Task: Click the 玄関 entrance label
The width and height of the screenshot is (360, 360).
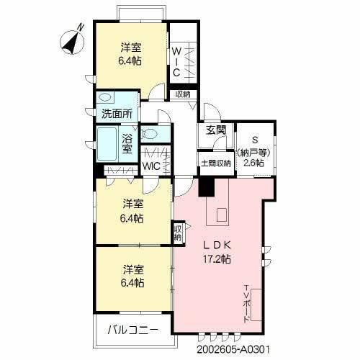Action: (215, 130)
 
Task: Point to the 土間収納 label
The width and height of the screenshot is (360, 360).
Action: (215, 163)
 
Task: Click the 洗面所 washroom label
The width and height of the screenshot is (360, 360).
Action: (116, 113)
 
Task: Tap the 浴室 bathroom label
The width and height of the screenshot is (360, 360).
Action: (127, 143)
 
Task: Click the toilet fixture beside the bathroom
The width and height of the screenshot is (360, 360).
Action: (153, 132)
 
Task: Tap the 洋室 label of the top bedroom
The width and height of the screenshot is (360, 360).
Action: (130, 55)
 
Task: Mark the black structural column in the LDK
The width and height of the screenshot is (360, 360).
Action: (207, 187)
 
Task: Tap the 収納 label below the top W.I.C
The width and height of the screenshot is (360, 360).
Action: (181, 94)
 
